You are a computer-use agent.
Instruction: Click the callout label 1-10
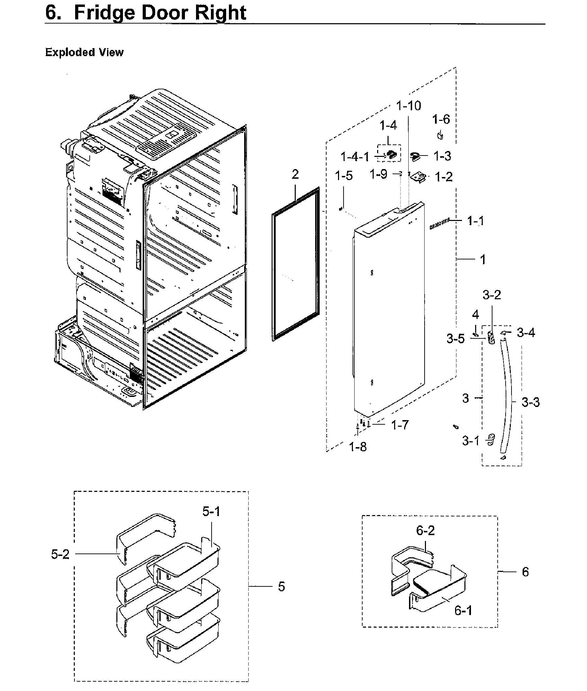409,106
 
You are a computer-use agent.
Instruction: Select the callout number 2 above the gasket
295,174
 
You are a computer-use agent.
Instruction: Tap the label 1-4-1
355,157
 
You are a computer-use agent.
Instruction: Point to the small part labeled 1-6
441,135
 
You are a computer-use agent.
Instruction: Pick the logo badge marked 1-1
439,227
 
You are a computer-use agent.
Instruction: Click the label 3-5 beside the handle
455,339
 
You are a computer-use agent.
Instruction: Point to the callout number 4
475,315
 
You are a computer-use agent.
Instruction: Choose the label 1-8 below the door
358,447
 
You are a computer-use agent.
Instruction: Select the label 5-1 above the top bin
211,512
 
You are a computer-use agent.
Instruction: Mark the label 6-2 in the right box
425,530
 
